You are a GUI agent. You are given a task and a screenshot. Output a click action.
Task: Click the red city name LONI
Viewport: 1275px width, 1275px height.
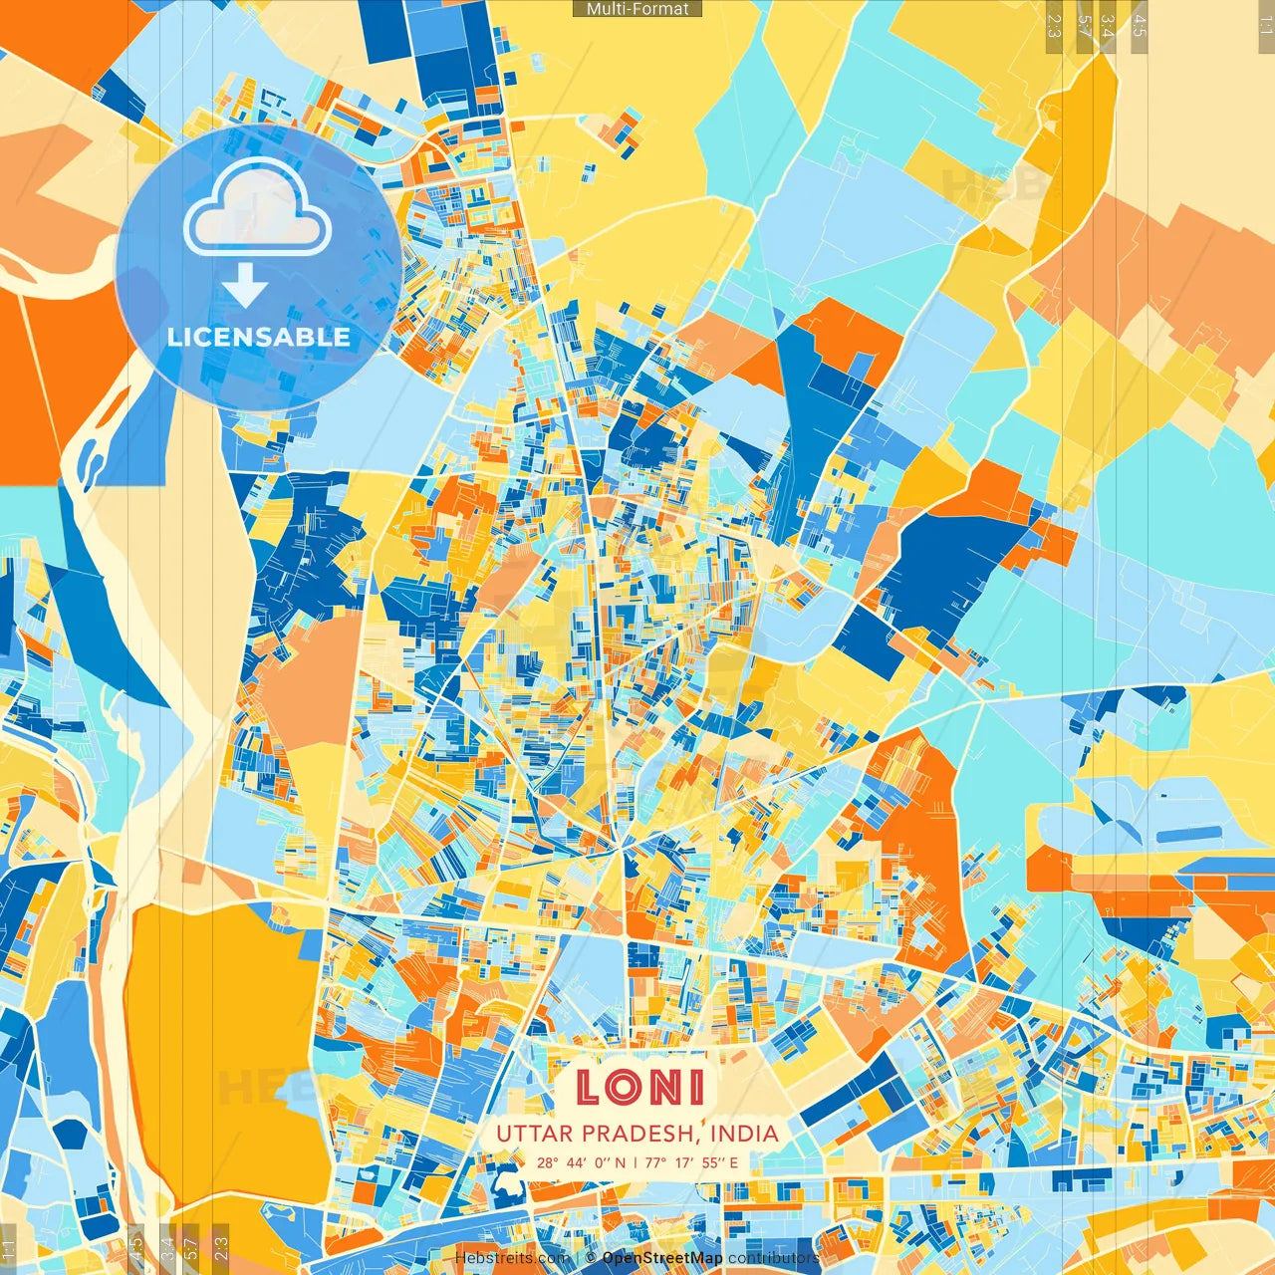click(639, 1087)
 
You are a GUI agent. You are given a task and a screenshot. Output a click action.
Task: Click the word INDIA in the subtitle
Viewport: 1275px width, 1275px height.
click(745, 1134)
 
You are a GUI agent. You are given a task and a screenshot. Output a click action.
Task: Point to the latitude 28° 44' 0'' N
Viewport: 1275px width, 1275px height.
click(582, 1162)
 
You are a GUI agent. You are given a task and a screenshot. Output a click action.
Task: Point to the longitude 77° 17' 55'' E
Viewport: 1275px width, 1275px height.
click(691, 1162)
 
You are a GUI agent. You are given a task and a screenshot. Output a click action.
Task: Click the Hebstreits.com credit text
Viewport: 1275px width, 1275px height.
click(512, 1258)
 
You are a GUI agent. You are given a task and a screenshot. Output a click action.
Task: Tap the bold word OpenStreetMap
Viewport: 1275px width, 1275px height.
click(662, 1258)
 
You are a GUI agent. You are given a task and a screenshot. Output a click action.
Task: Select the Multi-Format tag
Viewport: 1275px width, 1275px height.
click(637, 9)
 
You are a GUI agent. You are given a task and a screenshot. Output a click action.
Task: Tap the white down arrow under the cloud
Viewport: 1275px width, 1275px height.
click(244, 288)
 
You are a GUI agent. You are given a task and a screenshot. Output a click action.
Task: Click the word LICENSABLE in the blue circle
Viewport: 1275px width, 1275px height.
click(259, 337)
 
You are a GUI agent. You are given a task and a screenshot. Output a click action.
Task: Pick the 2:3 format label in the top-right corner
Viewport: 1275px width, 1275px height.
click(1054, 25)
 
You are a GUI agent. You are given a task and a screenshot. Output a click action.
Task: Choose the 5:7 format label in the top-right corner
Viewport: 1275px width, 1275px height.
click(1085, 25)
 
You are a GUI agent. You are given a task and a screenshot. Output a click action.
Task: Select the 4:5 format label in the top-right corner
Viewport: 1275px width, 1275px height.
click(1140, 25)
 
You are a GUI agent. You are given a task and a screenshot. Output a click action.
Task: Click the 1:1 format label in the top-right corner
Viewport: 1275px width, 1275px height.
click(1265, 25)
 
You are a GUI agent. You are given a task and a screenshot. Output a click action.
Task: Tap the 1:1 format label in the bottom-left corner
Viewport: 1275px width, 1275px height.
click(9, 1249)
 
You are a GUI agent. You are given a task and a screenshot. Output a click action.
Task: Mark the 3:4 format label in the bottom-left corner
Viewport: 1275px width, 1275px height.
click(167, 1249)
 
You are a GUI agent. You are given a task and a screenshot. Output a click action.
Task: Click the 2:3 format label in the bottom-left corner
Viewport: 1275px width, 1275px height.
click(221, 1249)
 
